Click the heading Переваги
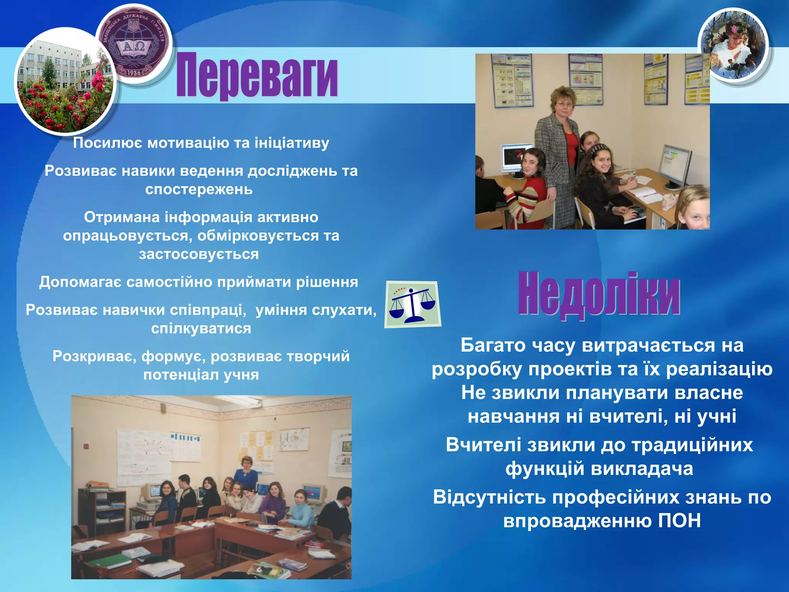point(257,75)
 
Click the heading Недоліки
point(599,295)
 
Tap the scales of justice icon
point(413,304)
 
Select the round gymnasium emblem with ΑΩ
point(134,44)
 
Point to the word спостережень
point(199,189)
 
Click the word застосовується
point(199,254)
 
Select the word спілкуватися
point(201,328)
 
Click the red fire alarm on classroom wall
point(86,447)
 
